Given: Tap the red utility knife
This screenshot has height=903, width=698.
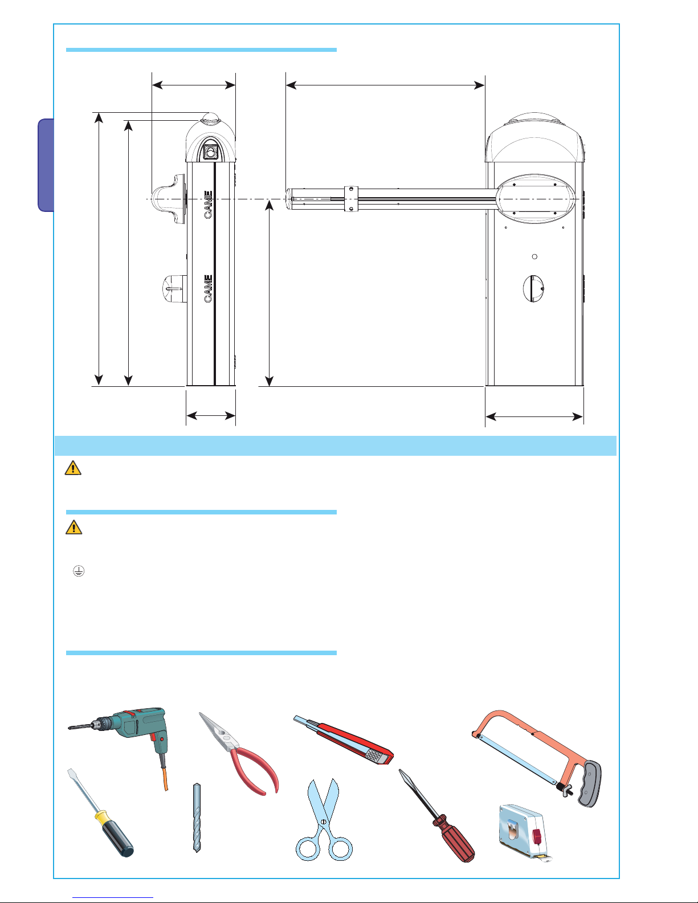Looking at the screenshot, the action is [343, 739].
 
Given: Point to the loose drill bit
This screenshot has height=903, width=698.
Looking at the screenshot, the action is [197, 818].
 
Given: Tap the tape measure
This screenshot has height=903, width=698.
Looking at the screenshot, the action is [524, 832].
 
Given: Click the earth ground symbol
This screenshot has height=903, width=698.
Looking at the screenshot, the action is [79, 571].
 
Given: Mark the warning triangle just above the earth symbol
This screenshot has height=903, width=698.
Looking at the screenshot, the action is [74, 527].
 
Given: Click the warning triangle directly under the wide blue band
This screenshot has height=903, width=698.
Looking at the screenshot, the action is [73, 468].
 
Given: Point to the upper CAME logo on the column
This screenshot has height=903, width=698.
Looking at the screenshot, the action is [208, 205].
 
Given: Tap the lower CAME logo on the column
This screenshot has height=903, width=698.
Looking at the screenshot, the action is [208, 288].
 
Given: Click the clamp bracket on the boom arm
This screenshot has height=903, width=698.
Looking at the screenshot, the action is [351, 199].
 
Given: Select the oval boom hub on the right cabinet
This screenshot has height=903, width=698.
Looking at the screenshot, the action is [536, 199].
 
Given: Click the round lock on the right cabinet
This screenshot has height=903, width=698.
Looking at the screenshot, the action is [534, 288].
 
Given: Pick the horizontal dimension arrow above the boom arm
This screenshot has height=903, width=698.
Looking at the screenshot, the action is [385, 85].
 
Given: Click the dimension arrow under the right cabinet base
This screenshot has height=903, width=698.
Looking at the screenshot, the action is [534, 416].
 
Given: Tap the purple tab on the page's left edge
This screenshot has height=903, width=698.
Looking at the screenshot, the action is [46, 165].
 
